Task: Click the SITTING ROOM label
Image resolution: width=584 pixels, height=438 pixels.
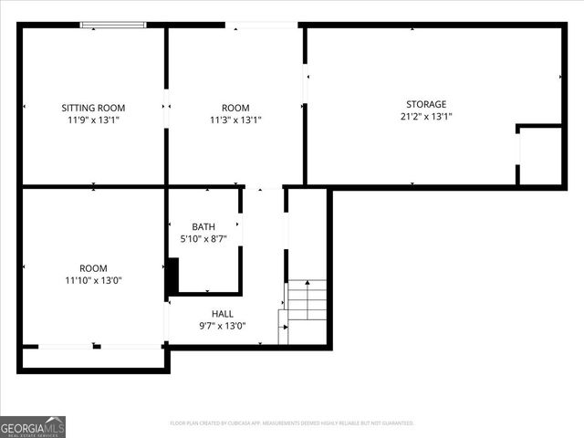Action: (93, 108)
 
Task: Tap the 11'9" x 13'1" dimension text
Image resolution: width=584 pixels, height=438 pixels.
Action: (93, 120)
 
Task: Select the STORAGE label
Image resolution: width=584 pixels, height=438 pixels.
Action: (426, 104)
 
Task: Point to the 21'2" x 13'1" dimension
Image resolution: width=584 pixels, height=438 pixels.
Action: (426, 116)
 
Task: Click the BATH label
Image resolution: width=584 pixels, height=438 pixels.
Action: (204, 226)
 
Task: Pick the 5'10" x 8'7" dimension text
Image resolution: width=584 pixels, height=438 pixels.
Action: (204, 239)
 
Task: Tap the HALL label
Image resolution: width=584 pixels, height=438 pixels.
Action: (223, 314)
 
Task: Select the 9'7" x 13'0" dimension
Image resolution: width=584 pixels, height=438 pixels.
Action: (223, 326)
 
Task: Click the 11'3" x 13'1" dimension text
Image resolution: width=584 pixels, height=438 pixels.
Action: (235, 120)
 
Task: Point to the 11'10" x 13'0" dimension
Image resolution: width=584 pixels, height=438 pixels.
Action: (93, 280)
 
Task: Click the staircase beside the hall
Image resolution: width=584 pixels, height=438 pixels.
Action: (306, 306)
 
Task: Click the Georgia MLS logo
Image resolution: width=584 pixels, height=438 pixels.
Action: (33, 426)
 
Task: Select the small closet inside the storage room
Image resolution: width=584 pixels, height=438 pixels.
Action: (540, 155)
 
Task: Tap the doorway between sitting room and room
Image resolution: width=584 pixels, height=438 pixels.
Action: (166, 108)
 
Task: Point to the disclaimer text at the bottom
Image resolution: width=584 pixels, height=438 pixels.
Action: (292, 423)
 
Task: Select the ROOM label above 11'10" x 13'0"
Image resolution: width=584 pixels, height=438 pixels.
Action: (93, 268)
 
